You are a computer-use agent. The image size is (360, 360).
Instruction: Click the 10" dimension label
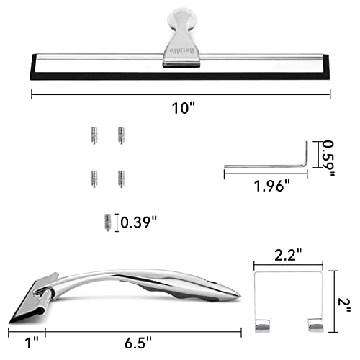click(x=183, y=108)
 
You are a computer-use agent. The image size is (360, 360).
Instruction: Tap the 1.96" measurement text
click(x=272, y=186)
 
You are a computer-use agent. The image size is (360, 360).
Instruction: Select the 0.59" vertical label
click(x=328, y=158)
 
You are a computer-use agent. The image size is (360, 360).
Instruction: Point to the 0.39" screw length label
click(x=138, y=222)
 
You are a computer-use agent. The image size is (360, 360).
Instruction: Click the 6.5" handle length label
click(x=138, y=343)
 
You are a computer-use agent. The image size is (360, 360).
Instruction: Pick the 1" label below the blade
click(x=32, y=343)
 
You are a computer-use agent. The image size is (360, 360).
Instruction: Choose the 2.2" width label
click(x=288, y=255)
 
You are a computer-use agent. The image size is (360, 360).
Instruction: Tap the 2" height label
click(x=344, y=305)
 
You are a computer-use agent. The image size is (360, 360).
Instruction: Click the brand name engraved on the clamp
click(x=182, y=51)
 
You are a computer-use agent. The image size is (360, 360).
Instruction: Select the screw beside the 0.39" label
click(x=108, y=222)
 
